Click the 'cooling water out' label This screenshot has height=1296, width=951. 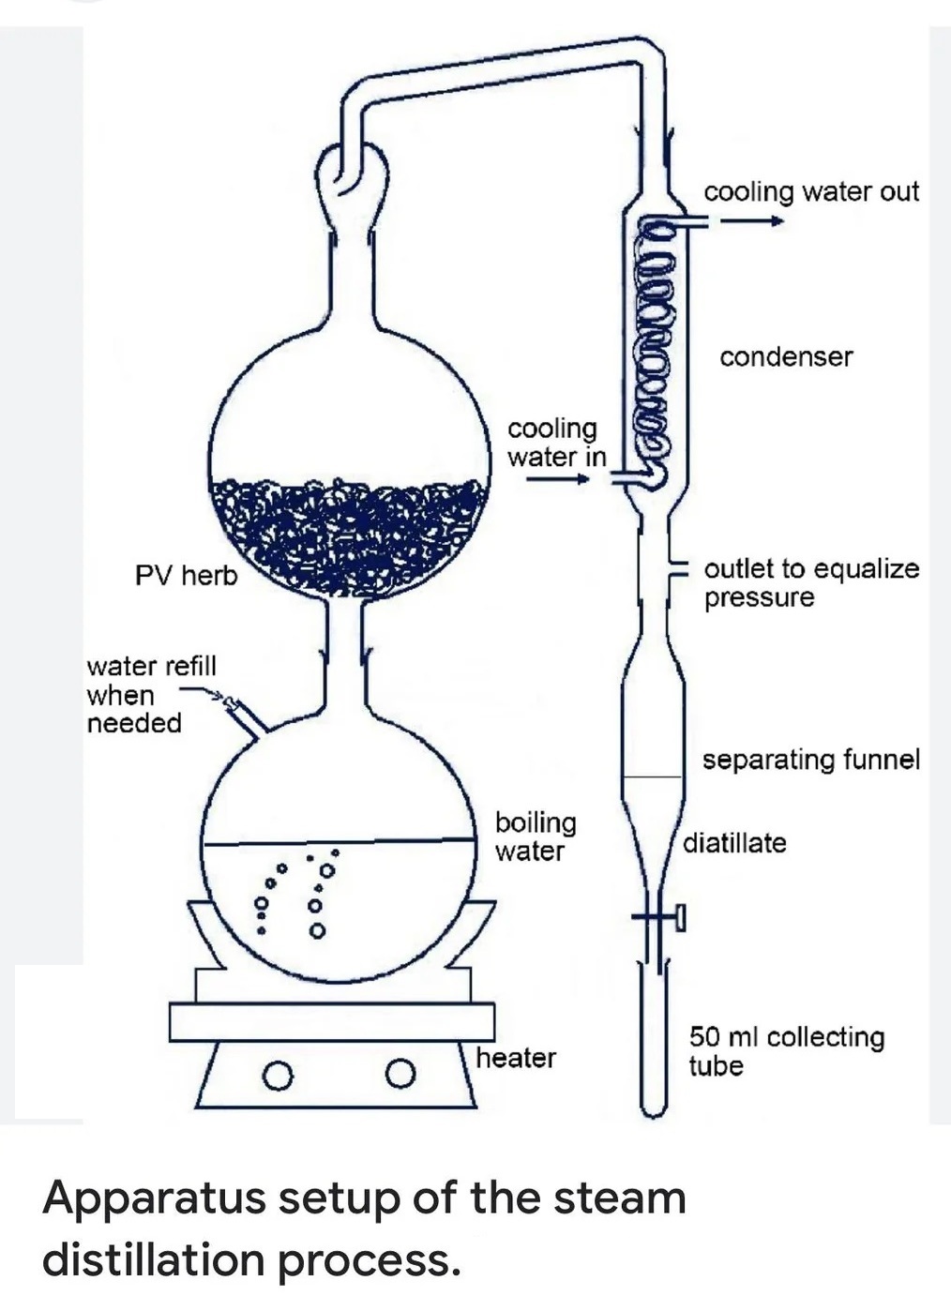point(810,191)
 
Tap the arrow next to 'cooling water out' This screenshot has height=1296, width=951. point(751,222)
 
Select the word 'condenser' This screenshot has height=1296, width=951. point(786,357)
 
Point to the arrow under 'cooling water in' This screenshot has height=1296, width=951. point(557,478)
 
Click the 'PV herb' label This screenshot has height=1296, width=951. point(186,575)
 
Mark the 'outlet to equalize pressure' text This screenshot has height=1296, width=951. point(810,582)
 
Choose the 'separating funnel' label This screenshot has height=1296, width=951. point(810,760)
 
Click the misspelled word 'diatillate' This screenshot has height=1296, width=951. point(734,843)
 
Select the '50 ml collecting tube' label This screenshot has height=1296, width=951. point(786,1050)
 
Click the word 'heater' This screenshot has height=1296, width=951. point(515,1058)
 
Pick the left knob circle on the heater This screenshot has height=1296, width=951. point(276,1074)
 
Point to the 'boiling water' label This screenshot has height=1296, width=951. point(535,836)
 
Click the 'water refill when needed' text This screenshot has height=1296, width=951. point(150,695)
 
